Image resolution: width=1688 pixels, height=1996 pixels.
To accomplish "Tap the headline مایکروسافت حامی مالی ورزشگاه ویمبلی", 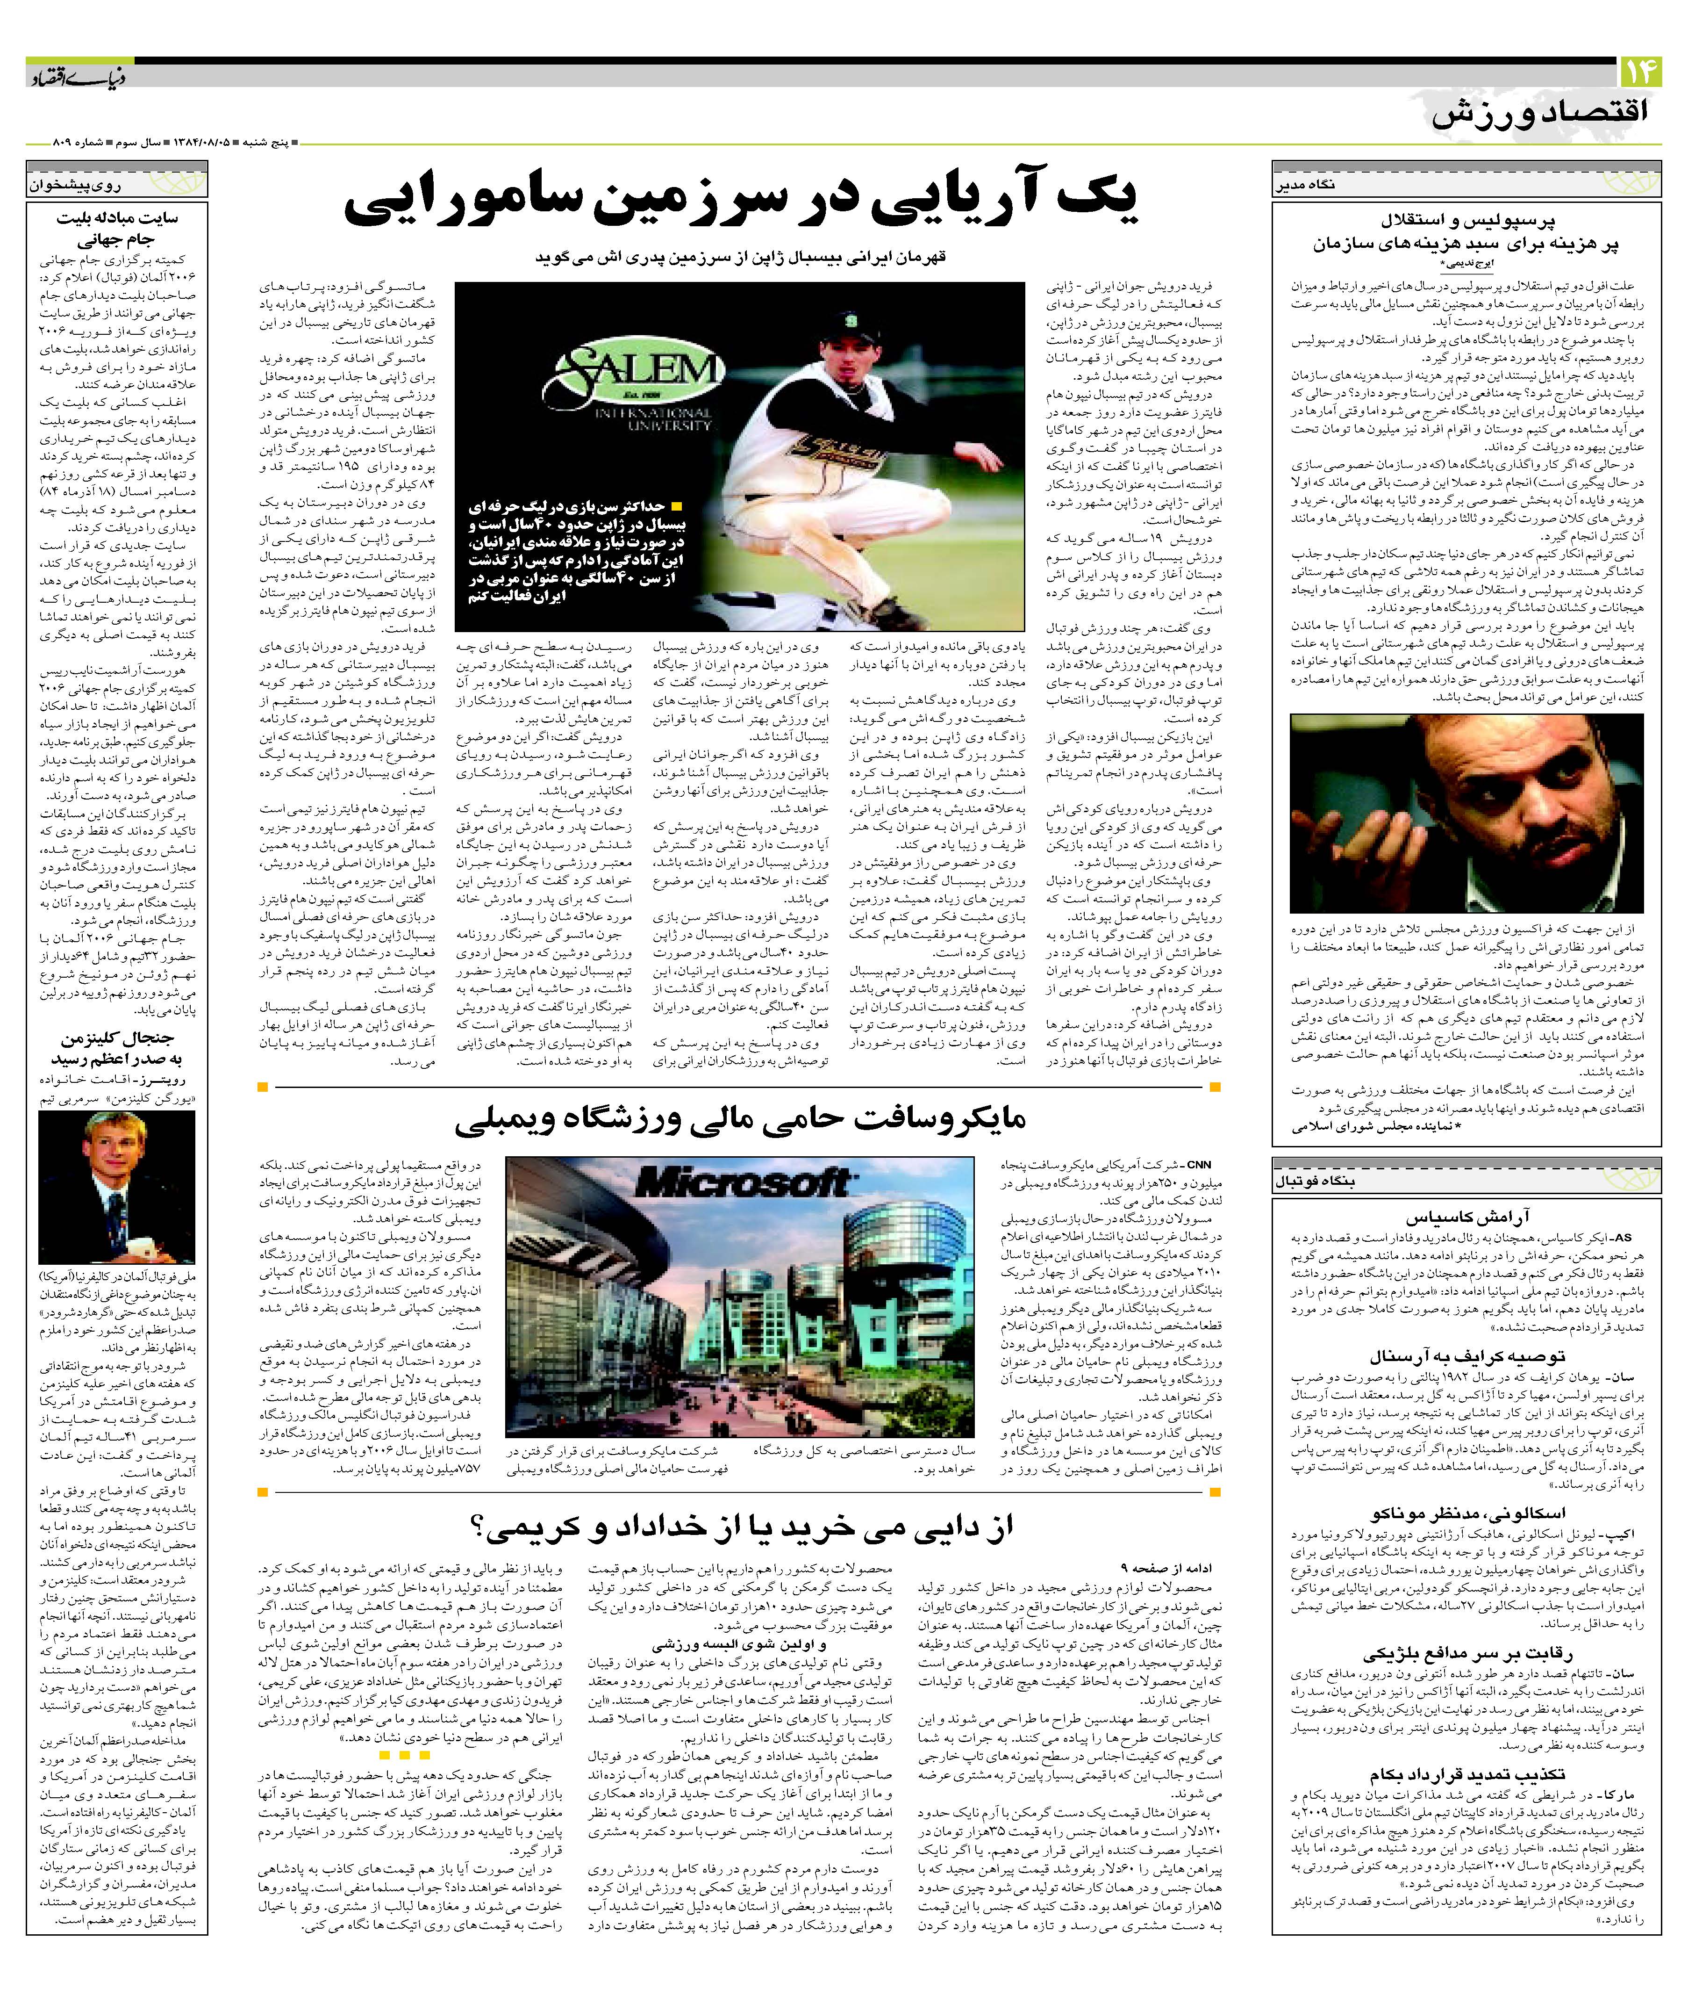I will [x=742, y=1118].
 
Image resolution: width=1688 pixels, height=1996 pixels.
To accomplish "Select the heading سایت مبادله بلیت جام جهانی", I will [x=117, y=228].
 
